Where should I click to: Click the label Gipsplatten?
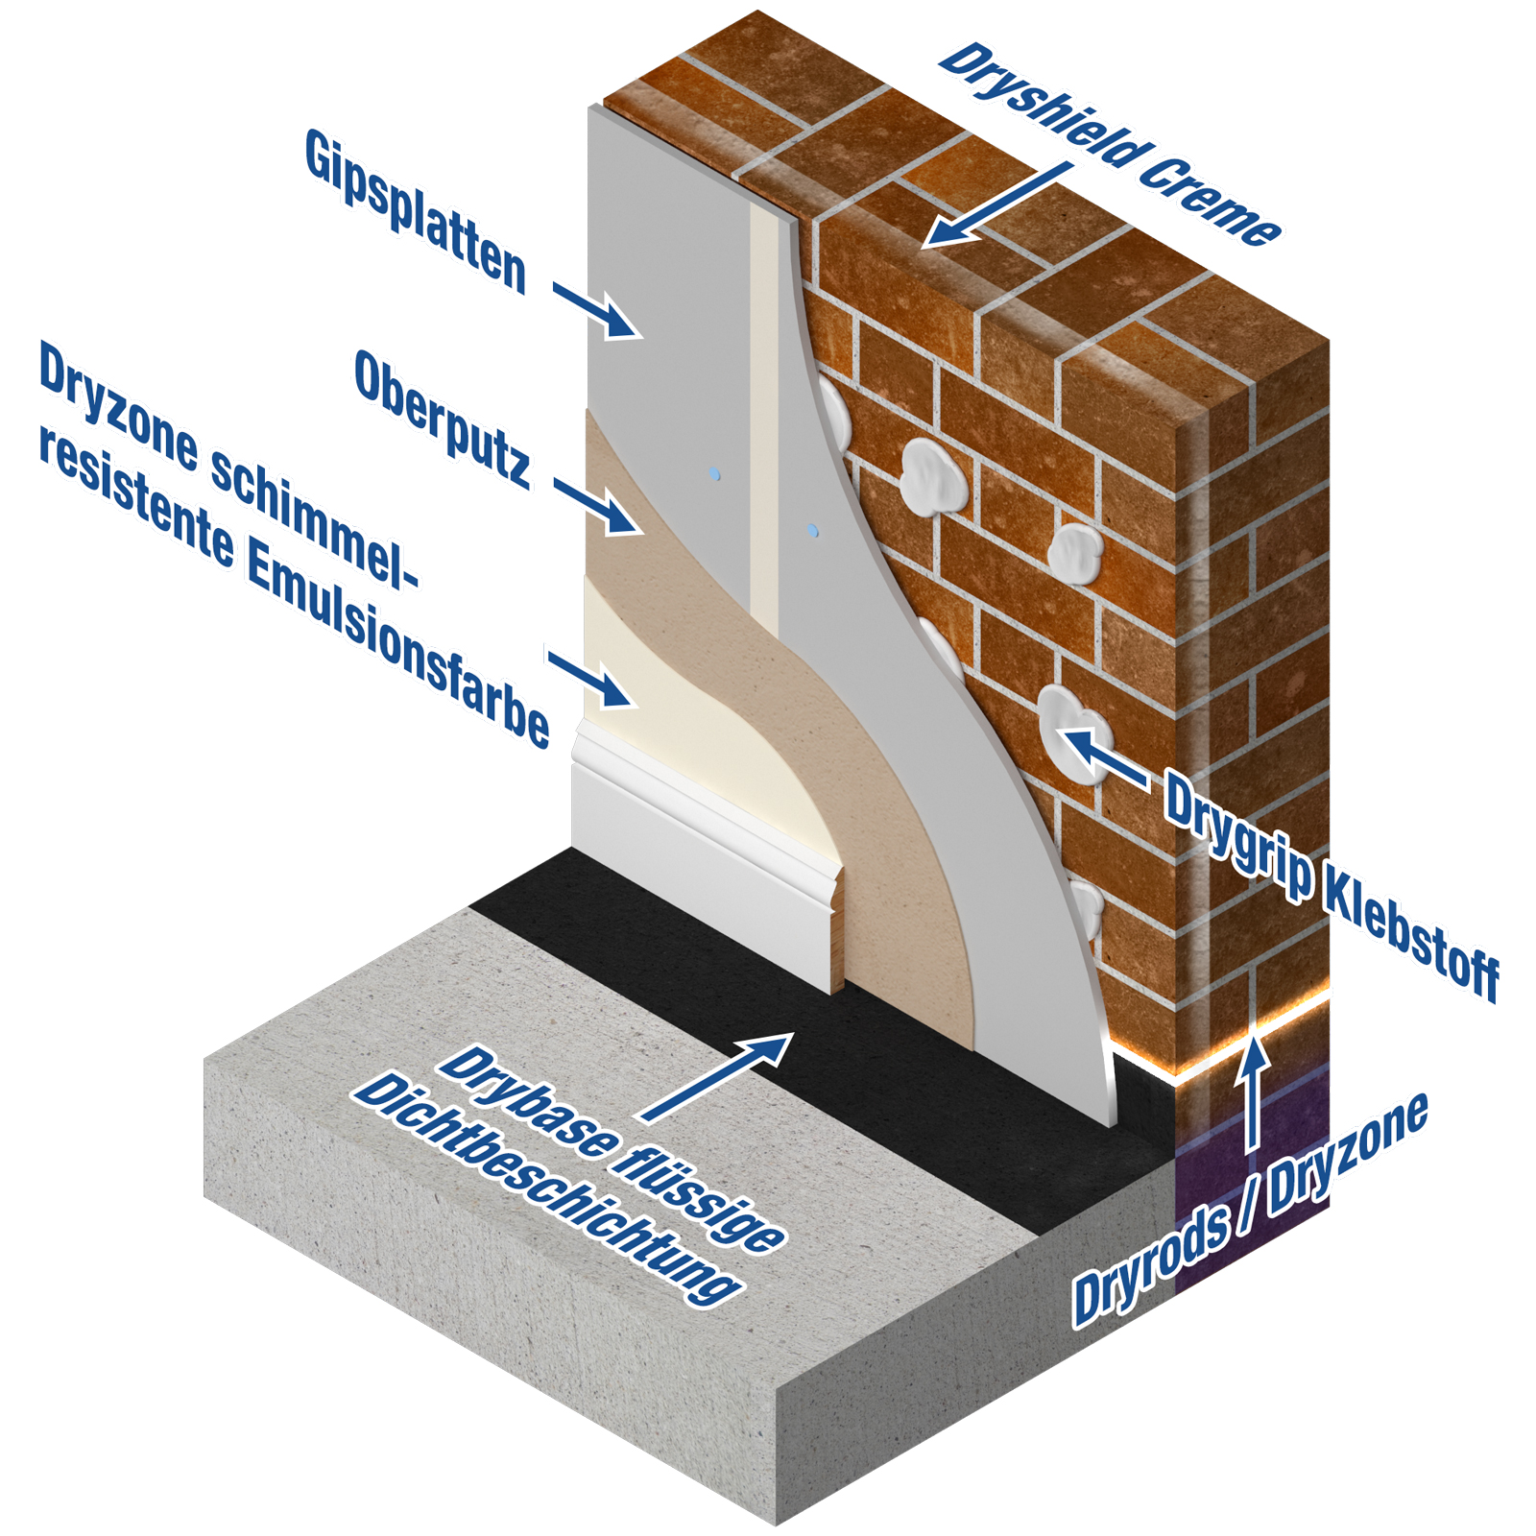click(416, 211)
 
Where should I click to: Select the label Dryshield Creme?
click(1109, 144)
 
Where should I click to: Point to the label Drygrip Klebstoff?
click(1330, 883)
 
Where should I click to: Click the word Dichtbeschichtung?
click(547, 1190)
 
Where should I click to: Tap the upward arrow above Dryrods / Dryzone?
click(1252, 1094)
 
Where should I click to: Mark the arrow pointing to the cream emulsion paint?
click(592, 680)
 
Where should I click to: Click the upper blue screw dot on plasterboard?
click(713, 474)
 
